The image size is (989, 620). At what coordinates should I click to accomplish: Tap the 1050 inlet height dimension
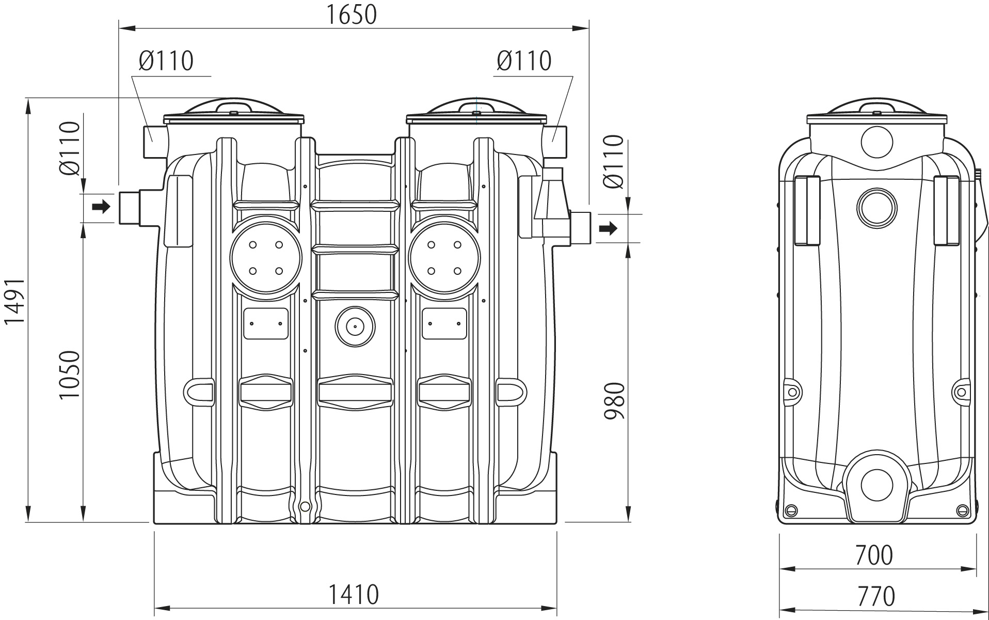coord(70,375)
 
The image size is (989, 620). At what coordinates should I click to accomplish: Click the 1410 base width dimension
coord(354,595)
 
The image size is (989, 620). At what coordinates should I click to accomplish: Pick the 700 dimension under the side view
coord(873,555)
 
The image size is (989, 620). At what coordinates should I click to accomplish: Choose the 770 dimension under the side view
coord(876,596)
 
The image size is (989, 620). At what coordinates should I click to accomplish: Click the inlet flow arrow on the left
coord(101,207)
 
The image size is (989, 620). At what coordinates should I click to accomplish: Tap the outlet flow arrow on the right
coord(610,228)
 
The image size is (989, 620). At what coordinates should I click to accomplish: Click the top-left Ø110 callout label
coord(166,61)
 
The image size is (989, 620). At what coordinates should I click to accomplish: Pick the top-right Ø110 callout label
coord(524,61)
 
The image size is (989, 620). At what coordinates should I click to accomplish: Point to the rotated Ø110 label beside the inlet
coord(70,148)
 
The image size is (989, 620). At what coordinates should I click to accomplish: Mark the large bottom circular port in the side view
coord(876,486)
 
